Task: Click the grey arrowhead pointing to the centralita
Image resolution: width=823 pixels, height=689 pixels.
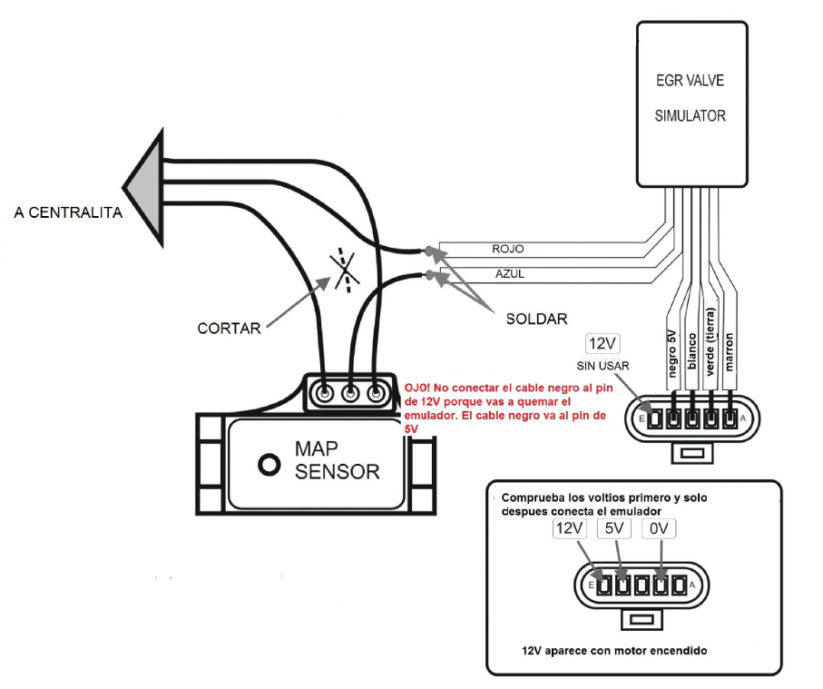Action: click(x=145, y=188)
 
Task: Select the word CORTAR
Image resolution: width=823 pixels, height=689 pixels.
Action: click(x=228, y=328)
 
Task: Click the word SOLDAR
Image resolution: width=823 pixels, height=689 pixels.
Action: click(x=536, y=319)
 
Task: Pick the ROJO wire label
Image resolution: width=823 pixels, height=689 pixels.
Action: click(x=507, y=249)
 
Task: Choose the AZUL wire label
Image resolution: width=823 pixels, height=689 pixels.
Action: click(x=508, y=273)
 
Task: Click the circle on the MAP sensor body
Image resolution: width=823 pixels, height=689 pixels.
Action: click(x=268, y=465)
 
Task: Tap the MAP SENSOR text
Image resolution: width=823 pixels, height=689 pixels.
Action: click(x=337, y=460)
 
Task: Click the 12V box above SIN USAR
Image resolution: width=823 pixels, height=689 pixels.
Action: click(x=603, y=343)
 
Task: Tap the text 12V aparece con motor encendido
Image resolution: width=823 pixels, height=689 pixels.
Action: click(x=615, y=651)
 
